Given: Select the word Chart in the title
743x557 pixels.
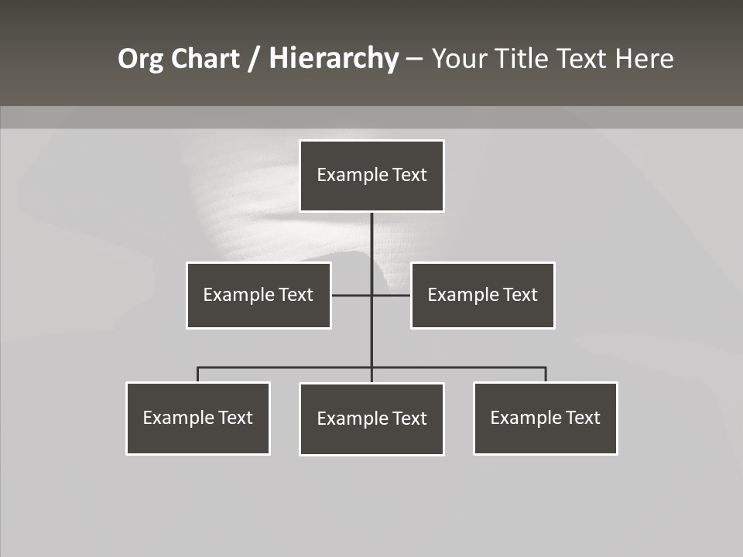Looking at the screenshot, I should [206, 59].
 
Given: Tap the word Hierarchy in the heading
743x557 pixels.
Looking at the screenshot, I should [334, 59].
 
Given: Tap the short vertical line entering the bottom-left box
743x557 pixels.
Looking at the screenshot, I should [197, 374].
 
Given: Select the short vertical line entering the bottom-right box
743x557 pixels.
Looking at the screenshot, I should [546, 374].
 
